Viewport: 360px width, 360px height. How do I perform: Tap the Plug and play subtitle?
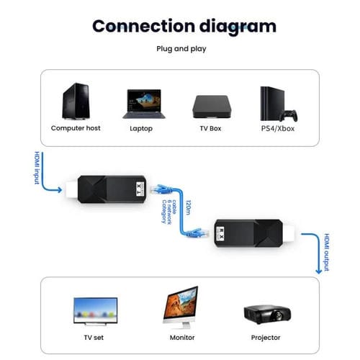tap(181, 49)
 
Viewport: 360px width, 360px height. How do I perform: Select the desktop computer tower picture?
tap(75, 102)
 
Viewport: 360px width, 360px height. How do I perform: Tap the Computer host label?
tap(76, 128)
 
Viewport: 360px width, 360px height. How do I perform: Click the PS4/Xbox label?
tap(277, 128)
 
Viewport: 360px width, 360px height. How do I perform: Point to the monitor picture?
tap(180, 306)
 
